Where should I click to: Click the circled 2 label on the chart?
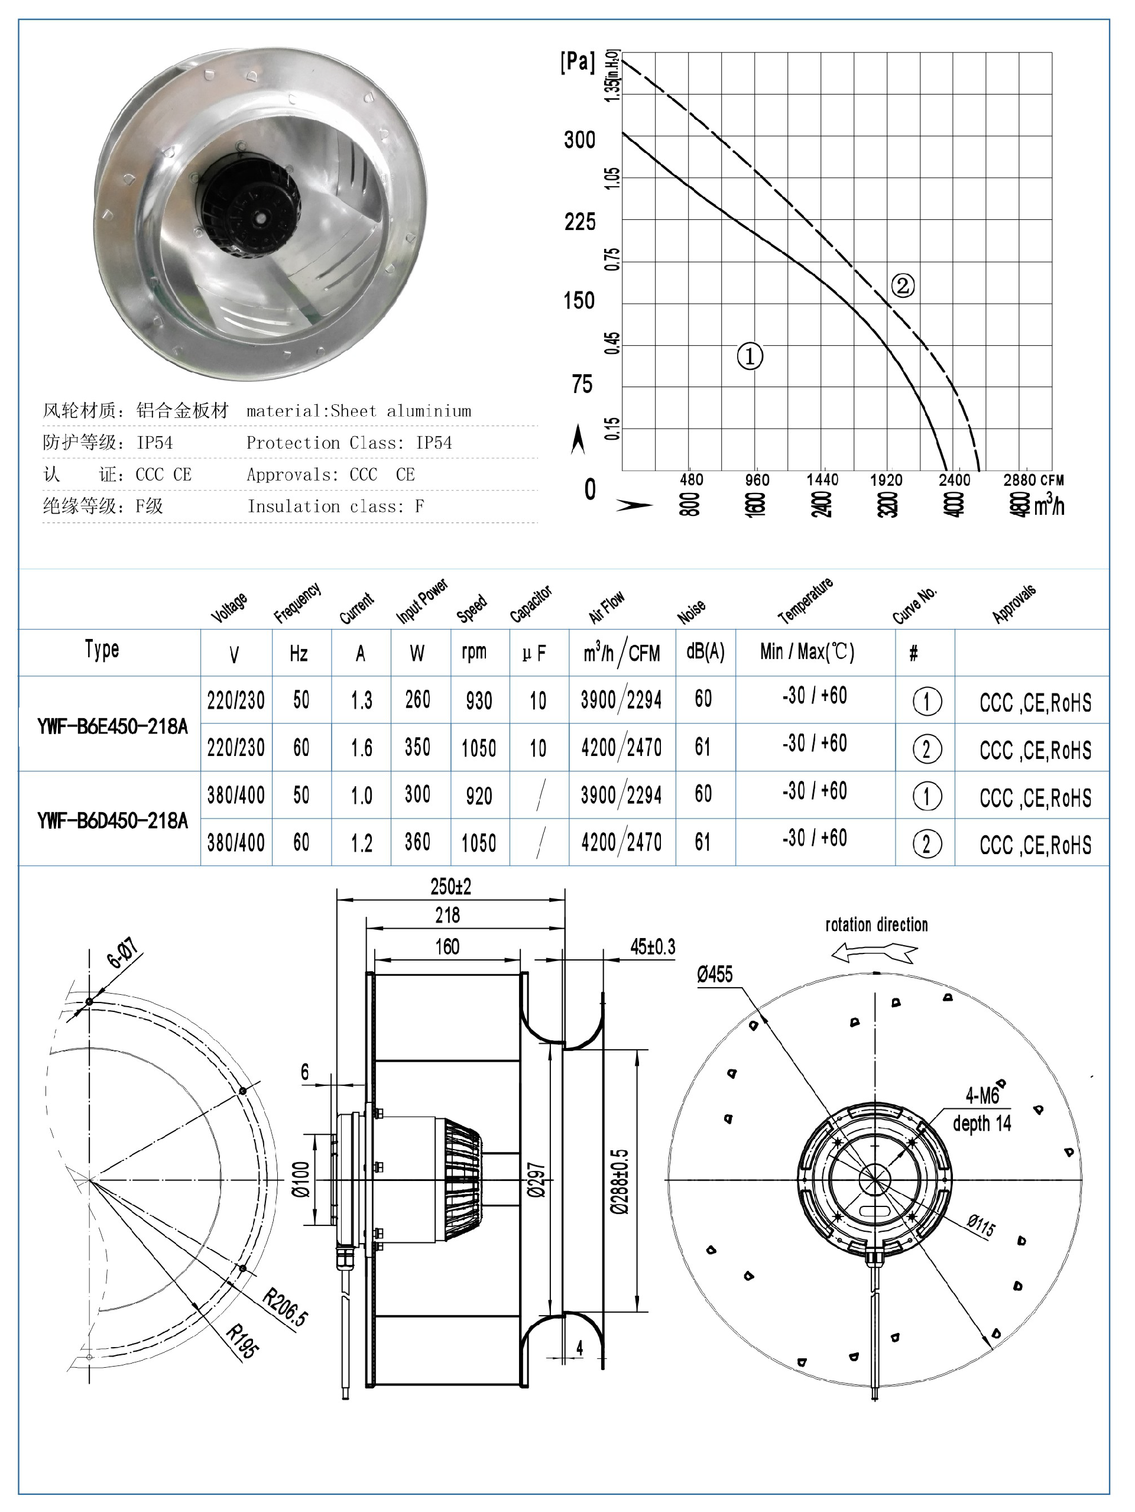pyautogui.click(x=903, y=285)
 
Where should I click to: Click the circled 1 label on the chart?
pyautogui.click(x=750, y=356)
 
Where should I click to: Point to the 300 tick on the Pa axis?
pyautogui.click(x=579, y=140)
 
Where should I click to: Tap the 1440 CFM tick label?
pyautogui.click(x=822, y=480)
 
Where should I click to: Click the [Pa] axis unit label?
pyautogui.click(x=578, y=61)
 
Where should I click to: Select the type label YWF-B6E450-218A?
pyautogui.click(x=112, y=726)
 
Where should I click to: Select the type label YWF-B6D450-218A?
pyautogui.click(x=112, y=820)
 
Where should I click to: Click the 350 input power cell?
pyautogui.click(x=417, y=747)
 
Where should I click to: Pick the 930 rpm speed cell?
pyautogui.click(x=479, y=700)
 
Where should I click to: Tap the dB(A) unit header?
pyautogui.click(x=705, y=651)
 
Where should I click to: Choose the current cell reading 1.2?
pyautogui.click(x=361, y=843)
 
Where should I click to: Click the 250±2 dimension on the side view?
pyautogui.click(x=450, y=887)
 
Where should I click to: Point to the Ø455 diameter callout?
pyautogui.click(x=715, y=974)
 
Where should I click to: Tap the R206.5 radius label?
pyautogui.click(x=285, y=1307)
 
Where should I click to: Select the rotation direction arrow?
pyautogui.click(x=874, y=952)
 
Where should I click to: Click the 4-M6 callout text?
pyautogui.click(x=982, y=1096)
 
